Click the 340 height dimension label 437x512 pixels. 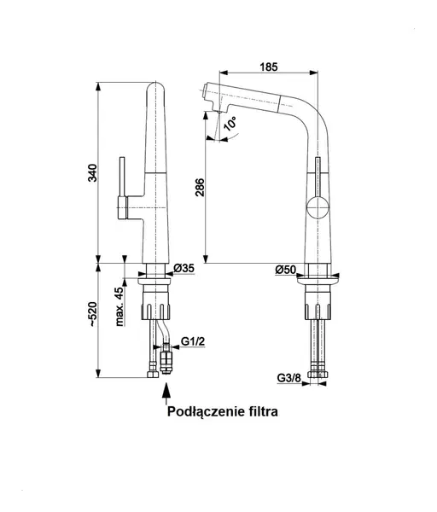(x=93, y=172)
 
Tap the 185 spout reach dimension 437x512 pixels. (x=269, y=67)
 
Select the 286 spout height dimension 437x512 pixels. (x=200, y=188)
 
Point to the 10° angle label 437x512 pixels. (x=230, y=124)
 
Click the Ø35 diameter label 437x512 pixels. (x=184, y=269)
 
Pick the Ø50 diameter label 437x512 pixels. (x=285, y=270)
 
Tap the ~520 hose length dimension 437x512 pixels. (x=93, y=314)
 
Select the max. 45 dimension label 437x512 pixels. (x=119, y=307)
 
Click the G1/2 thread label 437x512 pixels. (x=193, y=341)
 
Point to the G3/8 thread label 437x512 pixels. (x=288, y=378)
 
